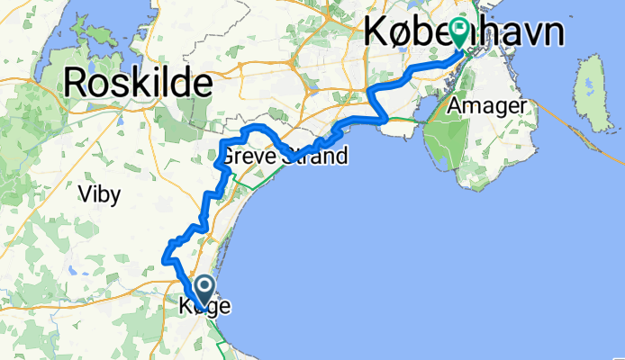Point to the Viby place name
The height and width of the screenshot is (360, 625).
[x=98, y=193]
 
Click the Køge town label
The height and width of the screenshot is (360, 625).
[x=200, y=307]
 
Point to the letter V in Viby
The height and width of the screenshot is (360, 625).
[x=84, y=193]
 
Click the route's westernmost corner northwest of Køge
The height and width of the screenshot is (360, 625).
[x=164, y=259]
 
